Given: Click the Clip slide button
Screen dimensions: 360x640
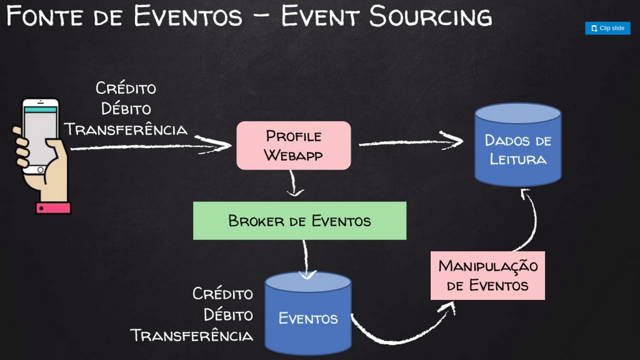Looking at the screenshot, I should [607, 28].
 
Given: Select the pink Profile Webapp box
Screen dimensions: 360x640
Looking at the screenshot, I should [294, 146].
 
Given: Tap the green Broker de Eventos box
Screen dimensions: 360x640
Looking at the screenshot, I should [300, 221].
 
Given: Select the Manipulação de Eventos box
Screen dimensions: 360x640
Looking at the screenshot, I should [488, 276].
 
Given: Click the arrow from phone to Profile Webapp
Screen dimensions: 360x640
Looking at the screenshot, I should [151, 147].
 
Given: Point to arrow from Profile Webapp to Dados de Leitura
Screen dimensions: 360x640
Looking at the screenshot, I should [410, 142].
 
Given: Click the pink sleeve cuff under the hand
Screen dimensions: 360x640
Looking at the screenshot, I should [53, 208].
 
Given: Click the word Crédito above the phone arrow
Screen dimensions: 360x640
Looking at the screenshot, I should [126, 88].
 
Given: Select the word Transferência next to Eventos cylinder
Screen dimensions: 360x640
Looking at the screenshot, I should [191, 335].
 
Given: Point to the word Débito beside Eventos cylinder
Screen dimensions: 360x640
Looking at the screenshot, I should [228, 315].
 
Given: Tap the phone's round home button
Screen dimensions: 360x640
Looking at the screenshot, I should [41, 170].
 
